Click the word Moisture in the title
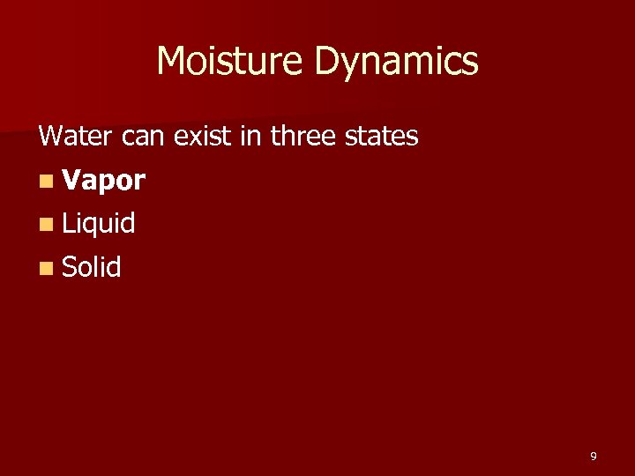[230, 61]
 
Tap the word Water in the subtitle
[78, 137]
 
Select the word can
[142, 138]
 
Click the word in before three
[249, 137]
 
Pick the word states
[383, 137]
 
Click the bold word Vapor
[104, 181]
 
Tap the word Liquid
[99, 225]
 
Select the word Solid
[92, 267]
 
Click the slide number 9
[594, 456]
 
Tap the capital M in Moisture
[173, 61]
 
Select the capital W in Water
[50, 137]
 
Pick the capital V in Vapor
[71, 180]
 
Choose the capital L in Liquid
[68, 224]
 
